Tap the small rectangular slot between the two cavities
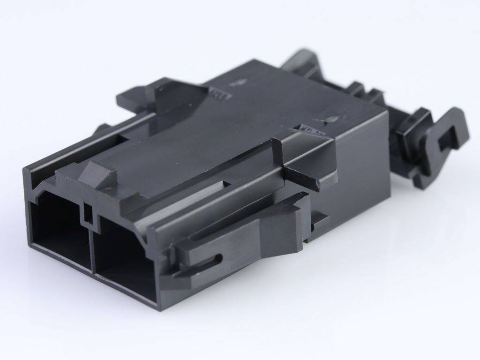[88, 213]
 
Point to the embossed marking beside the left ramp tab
[220, 93]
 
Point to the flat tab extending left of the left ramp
[134, 98]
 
